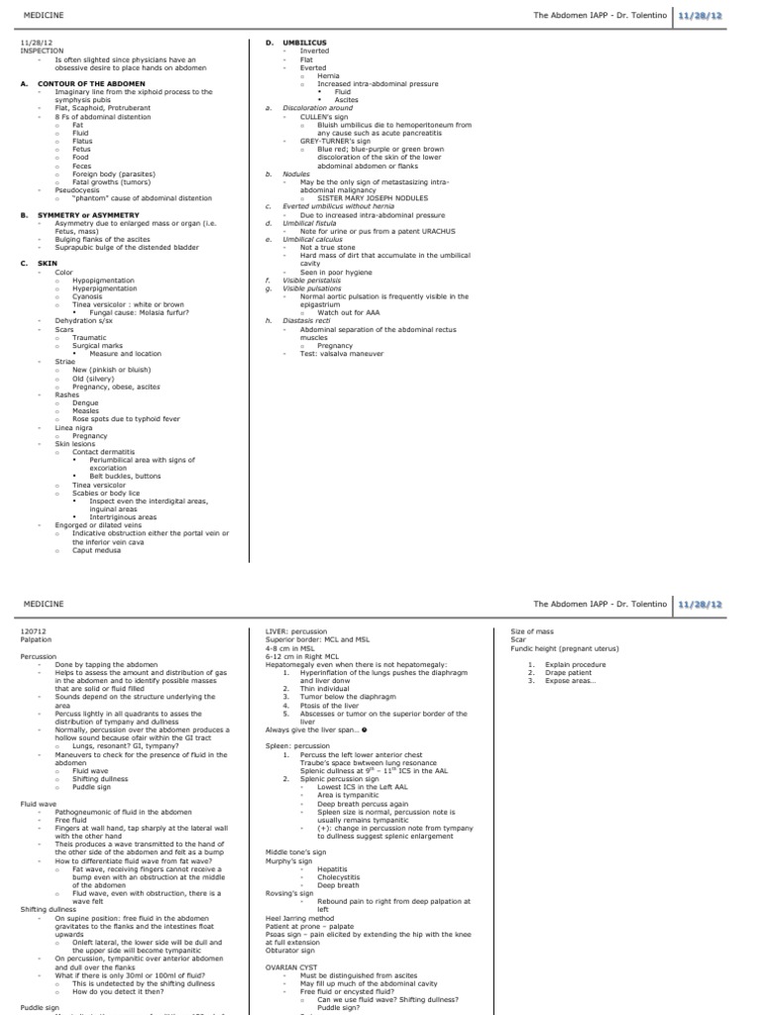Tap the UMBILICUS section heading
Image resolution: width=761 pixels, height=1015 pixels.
[303, 43]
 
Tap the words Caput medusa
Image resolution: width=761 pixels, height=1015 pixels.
[96, 550]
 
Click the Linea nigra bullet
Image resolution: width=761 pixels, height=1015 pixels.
[72, 428]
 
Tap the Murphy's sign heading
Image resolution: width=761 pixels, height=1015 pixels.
[285, 860]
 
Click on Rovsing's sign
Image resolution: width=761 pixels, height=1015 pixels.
[285, 892]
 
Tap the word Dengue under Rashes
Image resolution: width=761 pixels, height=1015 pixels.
[85, 403]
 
